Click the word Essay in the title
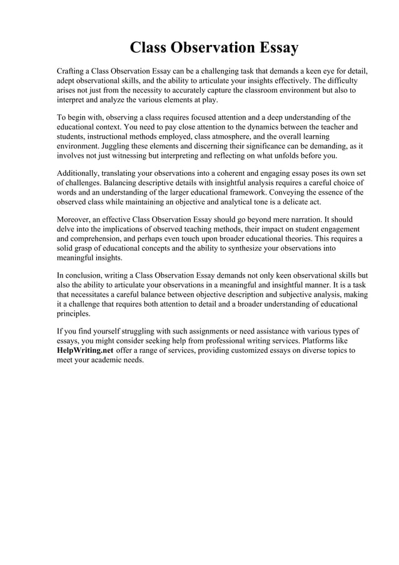click(274, 48)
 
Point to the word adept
click(66, 81)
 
